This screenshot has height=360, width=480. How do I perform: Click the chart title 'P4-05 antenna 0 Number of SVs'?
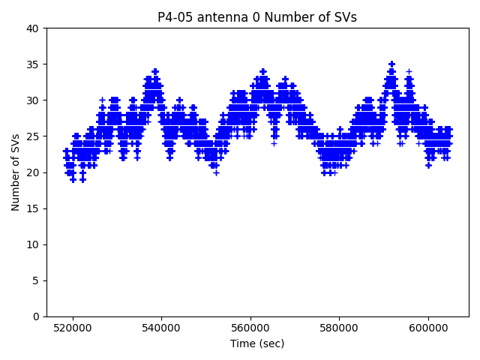257,17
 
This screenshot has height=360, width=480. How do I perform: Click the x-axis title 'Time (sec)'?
257,343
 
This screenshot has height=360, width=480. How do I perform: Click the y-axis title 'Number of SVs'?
16,172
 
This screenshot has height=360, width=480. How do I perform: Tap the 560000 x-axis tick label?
250,328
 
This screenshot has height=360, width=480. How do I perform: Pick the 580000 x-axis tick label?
339,328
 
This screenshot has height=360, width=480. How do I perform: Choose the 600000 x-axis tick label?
428,328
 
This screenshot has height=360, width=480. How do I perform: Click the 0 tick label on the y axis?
36,316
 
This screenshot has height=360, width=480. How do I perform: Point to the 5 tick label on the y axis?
36,280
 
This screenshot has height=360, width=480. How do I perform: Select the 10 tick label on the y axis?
33,244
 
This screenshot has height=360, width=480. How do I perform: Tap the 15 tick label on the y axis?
33,208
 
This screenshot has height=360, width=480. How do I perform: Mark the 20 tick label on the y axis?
33,172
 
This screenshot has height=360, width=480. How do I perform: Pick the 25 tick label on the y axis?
33,136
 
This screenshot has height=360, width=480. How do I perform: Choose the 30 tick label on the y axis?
33,100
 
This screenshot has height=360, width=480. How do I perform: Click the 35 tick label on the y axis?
33,64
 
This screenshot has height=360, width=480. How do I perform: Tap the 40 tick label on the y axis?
33,28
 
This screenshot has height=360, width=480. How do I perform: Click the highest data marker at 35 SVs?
391,64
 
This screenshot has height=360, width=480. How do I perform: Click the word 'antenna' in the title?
215,17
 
